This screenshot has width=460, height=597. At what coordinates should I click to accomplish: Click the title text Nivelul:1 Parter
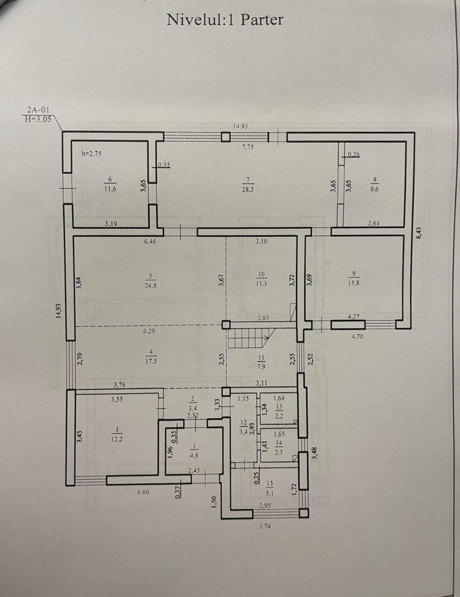(x=225, y=20)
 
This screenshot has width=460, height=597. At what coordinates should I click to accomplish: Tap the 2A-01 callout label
(x=38, y=110)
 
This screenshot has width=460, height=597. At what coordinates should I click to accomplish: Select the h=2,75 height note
(x=92, y=154)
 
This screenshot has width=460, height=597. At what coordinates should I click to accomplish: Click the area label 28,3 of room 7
(x=248, y=189)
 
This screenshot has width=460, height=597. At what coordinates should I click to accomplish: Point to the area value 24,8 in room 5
(x=151, y=285)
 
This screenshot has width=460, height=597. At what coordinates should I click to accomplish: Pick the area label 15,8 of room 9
(x=354, y=283)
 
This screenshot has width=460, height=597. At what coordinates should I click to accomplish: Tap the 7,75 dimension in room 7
(x=248, y=147)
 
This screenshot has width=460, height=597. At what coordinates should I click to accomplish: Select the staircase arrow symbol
(x=266, y=337)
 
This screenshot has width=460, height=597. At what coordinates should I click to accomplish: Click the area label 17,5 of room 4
(x=151, y=362)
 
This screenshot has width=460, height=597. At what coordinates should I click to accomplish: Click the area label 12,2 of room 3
(x=117, y=439)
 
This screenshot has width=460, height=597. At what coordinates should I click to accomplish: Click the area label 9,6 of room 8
(x=374, y=189)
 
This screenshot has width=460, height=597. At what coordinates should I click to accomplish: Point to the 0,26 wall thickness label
(x=354, y=155)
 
